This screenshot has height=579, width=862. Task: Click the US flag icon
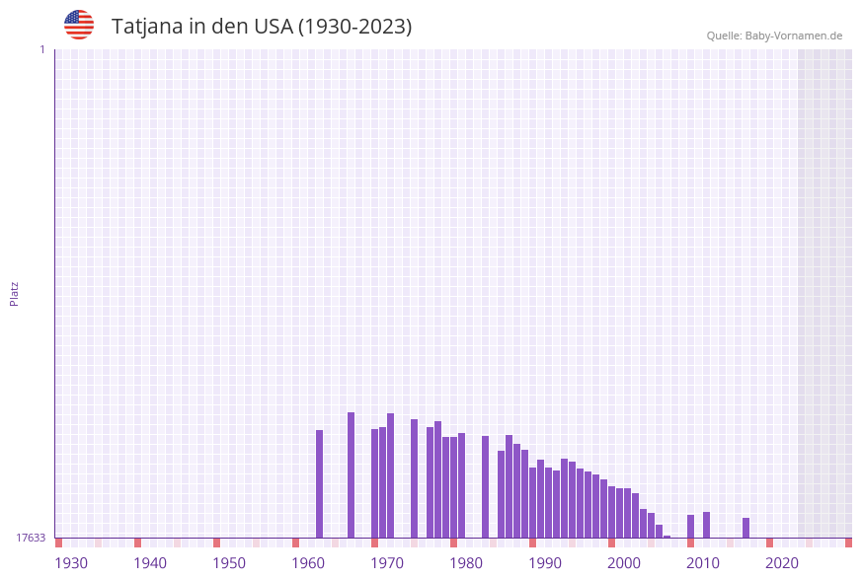[x=79, y=25]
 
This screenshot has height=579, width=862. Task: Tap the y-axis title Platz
[x=15, y=293]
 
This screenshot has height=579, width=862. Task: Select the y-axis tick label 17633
[x=31, y=538]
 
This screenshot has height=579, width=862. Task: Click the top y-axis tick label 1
[x=41, y=49]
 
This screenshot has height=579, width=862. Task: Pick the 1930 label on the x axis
[x=71, y=563]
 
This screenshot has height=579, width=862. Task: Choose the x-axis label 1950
[x=229, y=563]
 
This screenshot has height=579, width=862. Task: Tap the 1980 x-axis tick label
[x=466, y=563]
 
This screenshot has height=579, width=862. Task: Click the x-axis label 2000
[x=624, y=563]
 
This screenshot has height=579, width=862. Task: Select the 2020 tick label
[x=782, y=563]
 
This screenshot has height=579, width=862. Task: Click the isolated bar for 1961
[x=320, y=483]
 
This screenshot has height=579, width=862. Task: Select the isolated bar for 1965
[x=352, y=474]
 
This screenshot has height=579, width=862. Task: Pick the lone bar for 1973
[x=415, y=478]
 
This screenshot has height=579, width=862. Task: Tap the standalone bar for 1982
[x=486, y=486]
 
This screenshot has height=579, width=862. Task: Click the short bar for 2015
[x=746, y=528]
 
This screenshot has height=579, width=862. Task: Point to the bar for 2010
[x=707, y=525]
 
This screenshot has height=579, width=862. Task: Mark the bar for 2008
[x=691, y=526]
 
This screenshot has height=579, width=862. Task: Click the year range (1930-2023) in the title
[x=354, y=27]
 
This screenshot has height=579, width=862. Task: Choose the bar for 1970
[x=391, y=475]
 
